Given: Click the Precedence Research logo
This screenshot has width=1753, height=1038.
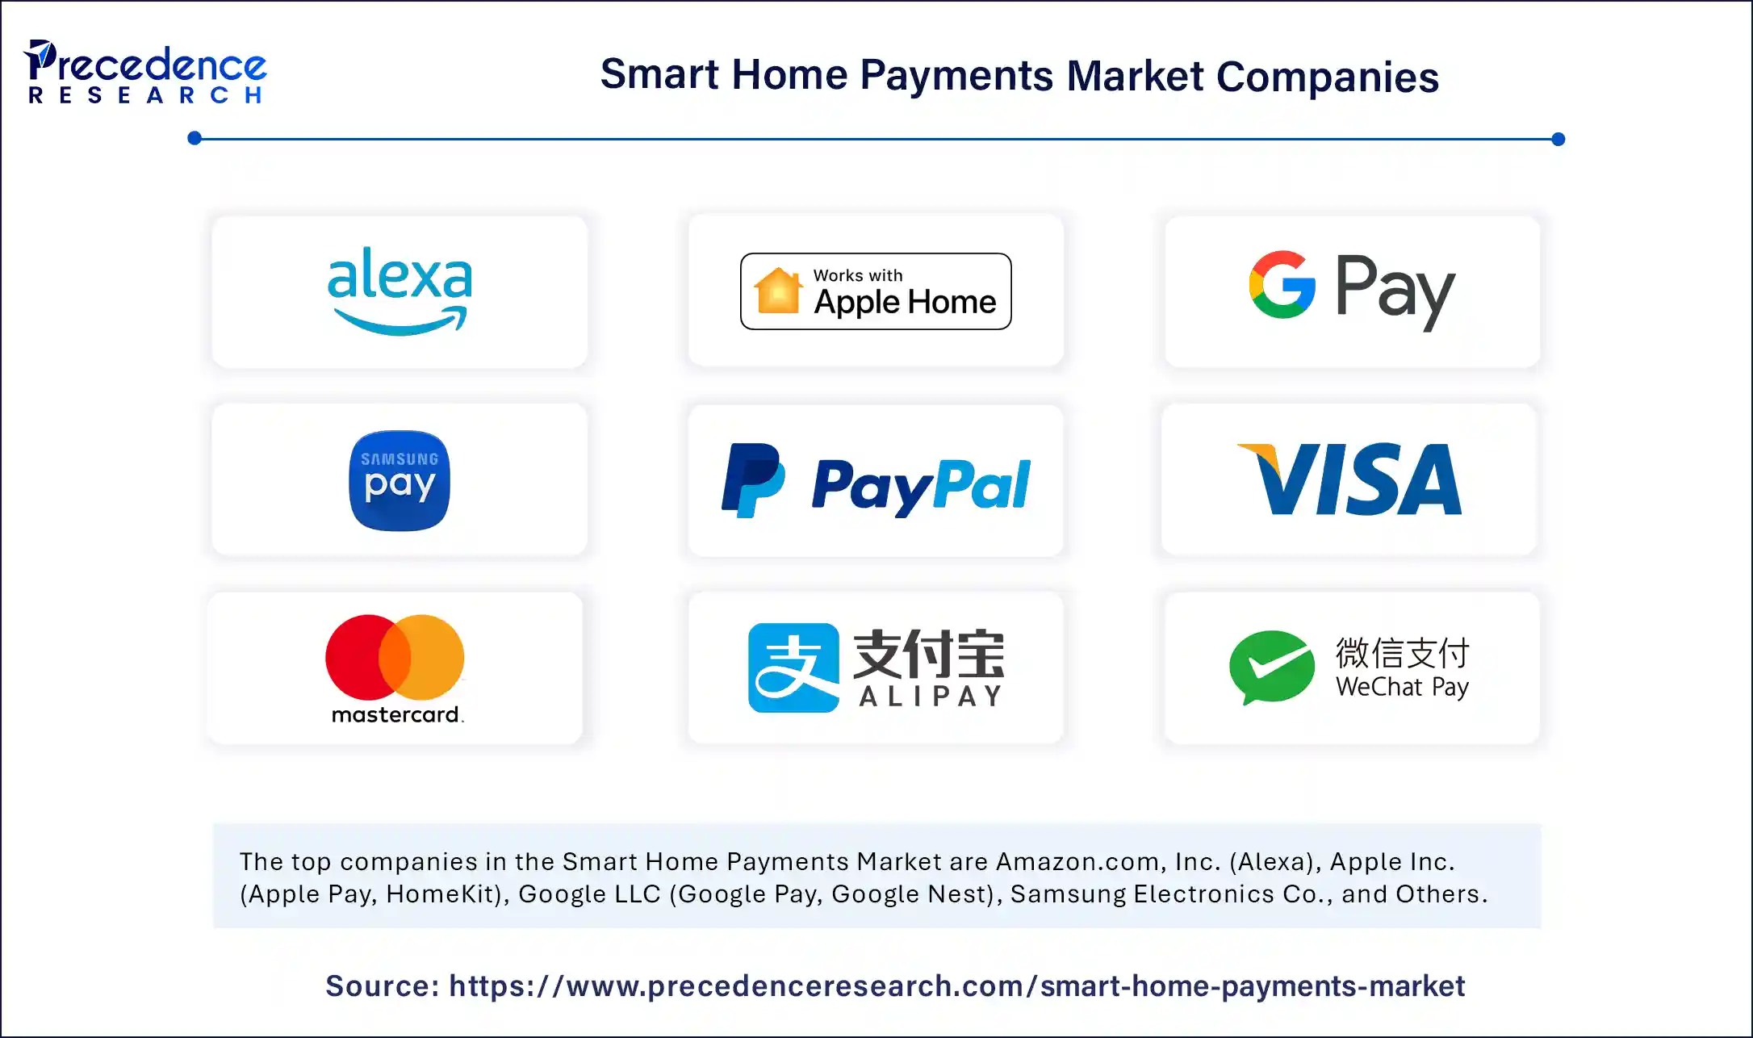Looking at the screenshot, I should pyautogui.click(x=146, y=73).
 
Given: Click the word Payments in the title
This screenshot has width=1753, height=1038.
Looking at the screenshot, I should pyautogui.click(x=956, y=76).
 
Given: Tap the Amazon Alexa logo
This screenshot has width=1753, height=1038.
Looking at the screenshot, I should pyautogui.click(x=400, y=291).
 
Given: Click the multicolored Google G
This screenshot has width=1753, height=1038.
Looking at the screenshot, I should pyautogui.click(x=1282, y=284).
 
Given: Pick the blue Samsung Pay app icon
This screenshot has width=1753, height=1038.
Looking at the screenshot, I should pyautogui.click(x=400, y=480).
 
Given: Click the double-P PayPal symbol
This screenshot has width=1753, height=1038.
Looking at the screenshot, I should pyautogui.click(x=752, y=480).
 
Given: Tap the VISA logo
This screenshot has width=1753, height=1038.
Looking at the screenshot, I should pyautogui.click(x=1349, y=479).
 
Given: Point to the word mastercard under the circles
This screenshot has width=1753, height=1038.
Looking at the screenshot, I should pyautogui.click(x=396, y=714).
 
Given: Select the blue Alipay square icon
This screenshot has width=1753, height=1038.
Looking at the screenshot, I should pyautogui.click(x=793, y=668).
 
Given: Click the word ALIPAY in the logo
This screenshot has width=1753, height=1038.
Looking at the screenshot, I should pyautogui.click(x=931, y=696).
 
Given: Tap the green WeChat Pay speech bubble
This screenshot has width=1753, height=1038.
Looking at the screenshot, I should pyautogui.click(x=1272, y=667).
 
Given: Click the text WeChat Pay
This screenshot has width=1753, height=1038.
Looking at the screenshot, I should pyautogui.click(x=1402, y=687).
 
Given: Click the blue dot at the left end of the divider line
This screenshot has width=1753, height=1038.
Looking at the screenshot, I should pyautogui.click(x=195, y=138).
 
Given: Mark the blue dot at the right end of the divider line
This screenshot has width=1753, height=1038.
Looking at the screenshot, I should pyautogui.click(x=1558, y=139).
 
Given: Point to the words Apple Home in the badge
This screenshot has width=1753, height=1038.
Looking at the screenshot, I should pyautogui.click(x=905, y=302).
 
